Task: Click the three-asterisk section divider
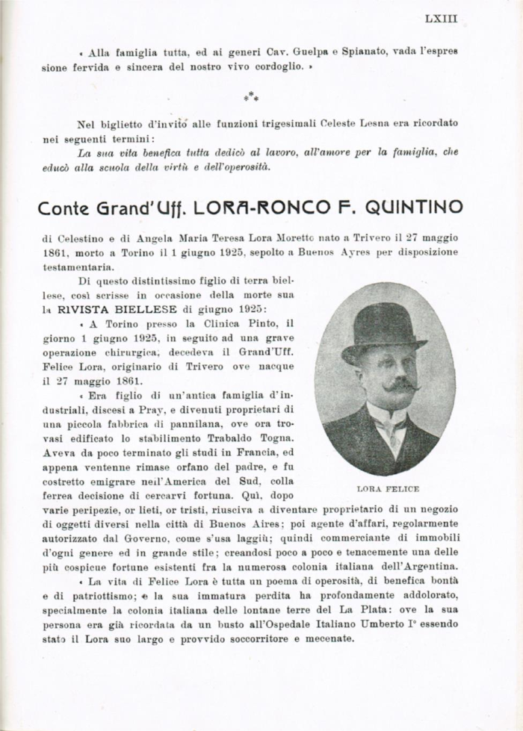coord(253,96)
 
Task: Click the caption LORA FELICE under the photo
coord(387,488)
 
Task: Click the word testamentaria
coord(77,266)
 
